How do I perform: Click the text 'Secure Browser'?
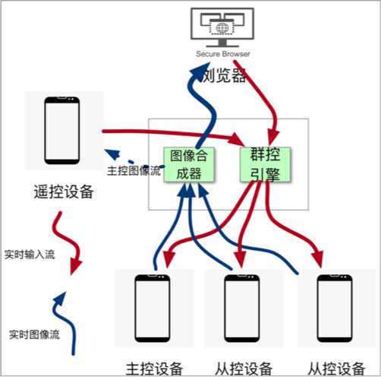(222, 54)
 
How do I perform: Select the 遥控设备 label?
(64, 192)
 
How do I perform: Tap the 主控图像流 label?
(134, 172)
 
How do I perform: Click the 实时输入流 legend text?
(30, 255)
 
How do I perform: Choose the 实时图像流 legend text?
(33, 334)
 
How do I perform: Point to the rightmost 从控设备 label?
(334, 369)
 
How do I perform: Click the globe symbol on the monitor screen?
(222, 28)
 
